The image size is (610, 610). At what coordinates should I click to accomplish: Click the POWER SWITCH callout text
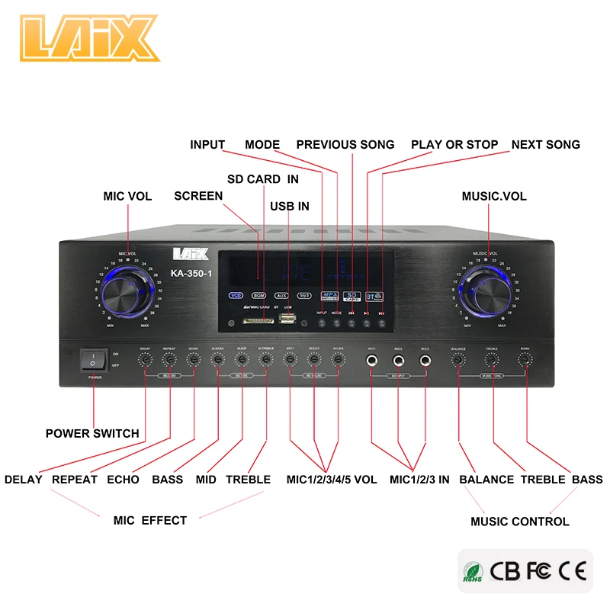(x=92, y=433)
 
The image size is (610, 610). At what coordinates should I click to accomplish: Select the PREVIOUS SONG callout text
(x=345, y=144)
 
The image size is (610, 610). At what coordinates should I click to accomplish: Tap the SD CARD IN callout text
(x=263, y=179)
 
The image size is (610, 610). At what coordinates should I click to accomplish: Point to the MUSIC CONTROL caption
(x=519, y=522)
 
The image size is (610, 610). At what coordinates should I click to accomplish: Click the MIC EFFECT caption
(x=149, y=520)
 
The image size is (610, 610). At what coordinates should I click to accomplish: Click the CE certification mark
(x=571, y=570)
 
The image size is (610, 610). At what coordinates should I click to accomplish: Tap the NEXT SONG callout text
(x=545, y=144)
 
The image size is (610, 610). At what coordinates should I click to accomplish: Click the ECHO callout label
(x=123, y=480)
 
